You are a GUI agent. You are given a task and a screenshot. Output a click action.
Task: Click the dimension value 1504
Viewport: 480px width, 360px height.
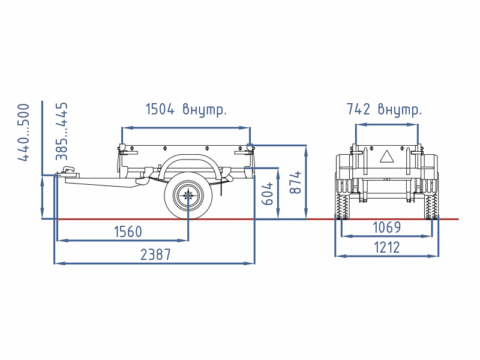[160, 109]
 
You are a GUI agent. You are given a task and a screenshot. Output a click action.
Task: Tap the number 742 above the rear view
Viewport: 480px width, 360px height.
[358, 109]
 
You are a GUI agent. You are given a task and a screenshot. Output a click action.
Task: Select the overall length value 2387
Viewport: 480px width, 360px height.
[155, 254]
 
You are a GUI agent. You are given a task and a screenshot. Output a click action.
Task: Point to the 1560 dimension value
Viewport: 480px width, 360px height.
[128, 232]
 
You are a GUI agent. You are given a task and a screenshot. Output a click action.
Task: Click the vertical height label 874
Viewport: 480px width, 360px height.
[295, 182]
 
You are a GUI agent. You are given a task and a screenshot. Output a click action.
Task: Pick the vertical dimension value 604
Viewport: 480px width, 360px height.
[267, 193]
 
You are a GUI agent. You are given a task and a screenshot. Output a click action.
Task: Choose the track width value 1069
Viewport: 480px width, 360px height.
[386, 227]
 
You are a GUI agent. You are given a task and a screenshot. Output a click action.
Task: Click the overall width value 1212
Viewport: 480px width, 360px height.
[387, 247]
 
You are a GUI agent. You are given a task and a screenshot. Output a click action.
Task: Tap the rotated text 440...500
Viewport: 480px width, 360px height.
[23, 132]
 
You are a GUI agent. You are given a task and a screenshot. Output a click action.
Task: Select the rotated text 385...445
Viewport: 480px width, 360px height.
[62, 131]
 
